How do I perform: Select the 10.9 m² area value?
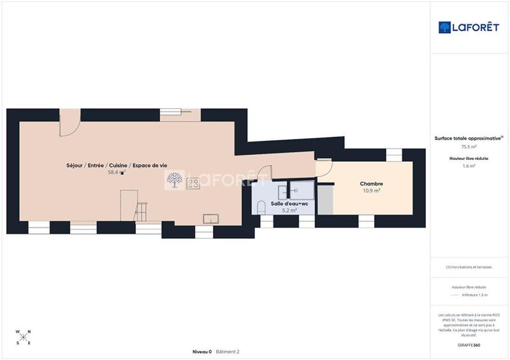click(372, 191)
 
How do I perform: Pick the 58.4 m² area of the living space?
click(117, 172)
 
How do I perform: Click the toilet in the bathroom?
click(260, 206)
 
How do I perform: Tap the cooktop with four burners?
click(193, 183)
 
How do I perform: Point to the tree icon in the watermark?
click(173, 181)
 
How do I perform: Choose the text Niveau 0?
click(202, 352)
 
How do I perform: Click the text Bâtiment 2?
click(228, 352)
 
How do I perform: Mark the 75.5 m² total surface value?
click(469, 147)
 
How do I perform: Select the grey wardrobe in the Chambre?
click(325, 199)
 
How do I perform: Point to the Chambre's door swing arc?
click(324, 168)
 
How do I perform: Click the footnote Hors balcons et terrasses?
click(469, 267)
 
